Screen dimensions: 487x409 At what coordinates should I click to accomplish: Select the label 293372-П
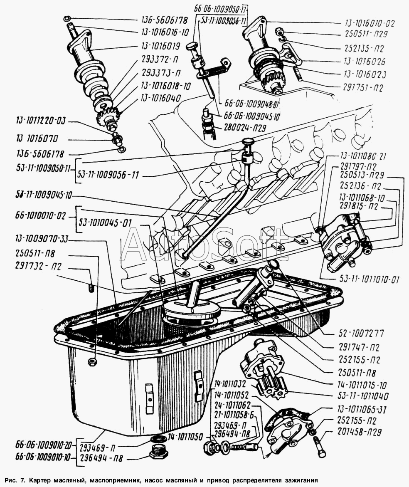coord(161,60)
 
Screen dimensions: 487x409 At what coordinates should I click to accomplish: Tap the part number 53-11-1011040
coord(364,397)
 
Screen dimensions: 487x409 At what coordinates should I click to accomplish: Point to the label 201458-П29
coord(365,432)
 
